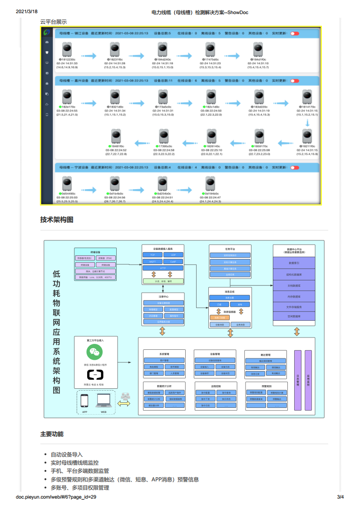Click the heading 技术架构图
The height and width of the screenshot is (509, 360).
[57, 220]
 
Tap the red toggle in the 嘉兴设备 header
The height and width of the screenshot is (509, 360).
[295, 81]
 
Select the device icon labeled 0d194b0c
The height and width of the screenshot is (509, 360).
[210, 183]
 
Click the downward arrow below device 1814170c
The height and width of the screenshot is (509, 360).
[308, 123]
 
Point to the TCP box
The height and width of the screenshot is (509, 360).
[152, 255]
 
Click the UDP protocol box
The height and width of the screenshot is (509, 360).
[173, 255]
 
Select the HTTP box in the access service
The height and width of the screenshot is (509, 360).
[163, 268]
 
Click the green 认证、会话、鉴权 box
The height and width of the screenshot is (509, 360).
[163, 281]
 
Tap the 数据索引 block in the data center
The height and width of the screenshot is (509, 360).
[295, 263]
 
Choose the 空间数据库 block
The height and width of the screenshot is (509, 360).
[295, 317]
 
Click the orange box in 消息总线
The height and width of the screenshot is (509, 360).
[219, 318]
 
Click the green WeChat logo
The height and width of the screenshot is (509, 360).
[95, 352]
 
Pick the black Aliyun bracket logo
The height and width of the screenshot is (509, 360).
[95, 375]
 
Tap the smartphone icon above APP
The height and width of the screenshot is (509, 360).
[84, 401]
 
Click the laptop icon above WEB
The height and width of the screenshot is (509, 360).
[104, 401]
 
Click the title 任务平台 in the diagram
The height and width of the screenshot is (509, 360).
[230, 249]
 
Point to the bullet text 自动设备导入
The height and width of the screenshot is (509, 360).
[67, 455]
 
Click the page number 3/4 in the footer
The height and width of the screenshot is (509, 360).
[340, 497]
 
